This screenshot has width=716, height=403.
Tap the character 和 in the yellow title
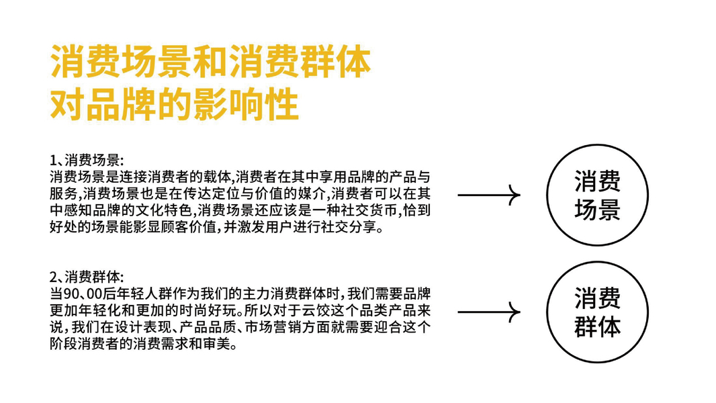[x=202, y=64]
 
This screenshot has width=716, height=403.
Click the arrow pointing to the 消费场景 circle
[x=488, y=195]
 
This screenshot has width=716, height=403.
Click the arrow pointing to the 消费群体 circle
[x=488, y=312]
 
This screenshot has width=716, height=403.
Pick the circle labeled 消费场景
[x=597, y=195]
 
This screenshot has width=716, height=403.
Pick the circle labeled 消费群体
[x=597, y=312]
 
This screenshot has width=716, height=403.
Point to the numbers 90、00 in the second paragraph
[x=81, y=294]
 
